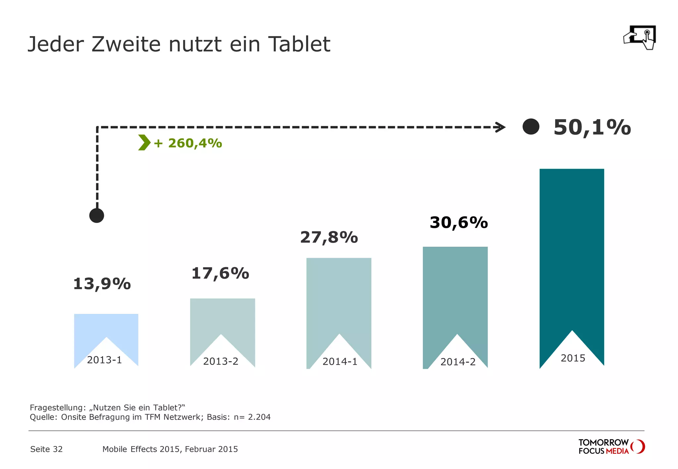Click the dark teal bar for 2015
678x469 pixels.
tap(572, 248)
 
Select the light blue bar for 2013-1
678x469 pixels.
tap(106, 326)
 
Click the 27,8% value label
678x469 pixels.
tap(329, 237)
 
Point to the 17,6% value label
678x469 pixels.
tap(220, 274)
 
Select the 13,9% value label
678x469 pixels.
tap(102, 284)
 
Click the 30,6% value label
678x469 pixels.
tap(459, 223)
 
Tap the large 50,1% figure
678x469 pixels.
tap(592, 127)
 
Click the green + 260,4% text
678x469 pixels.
tap(188, 143)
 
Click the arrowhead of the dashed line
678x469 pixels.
tap(500, 127)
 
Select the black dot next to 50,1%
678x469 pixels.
tap(531, 127)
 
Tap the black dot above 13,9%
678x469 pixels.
tap(97, 216)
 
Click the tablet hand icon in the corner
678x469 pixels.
tap(640, 38)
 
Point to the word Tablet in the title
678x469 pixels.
tap(299, 44)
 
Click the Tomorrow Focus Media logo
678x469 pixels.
tap(611, 447)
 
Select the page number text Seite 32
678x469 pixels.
tap(46, 449)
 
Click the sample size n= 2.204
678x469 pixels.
tap(252, 417)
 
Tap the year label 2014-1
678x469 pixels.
tap(340, 362)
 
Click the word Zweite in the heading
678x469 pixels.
tap(126, 44)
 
